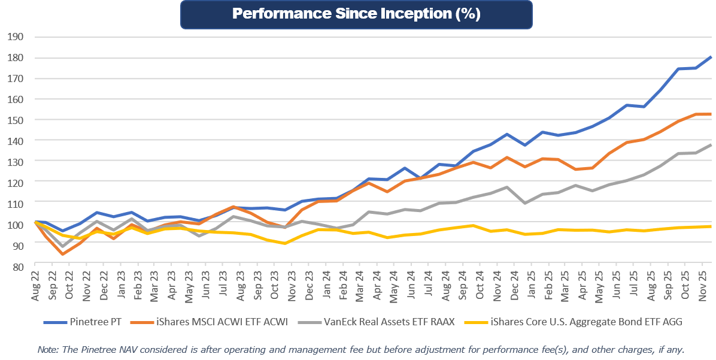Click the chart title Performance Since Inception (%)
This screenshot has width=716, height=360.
[356, 14]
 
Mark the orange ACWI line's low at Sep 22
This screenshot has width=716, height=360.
[62, 254]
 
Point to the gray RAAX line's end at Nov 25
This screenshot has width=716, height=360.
[711, 144]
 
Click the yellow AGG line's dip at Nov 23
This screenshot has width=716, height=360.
[285, 243]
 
